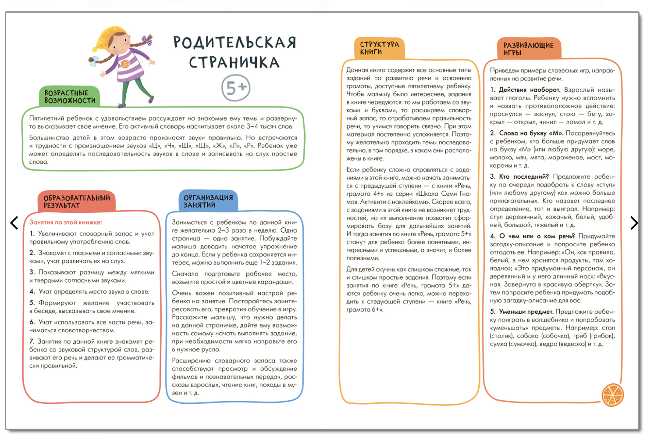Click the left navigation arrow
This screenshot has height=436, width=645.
14,223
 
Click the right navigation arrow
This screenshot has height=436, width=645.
634,223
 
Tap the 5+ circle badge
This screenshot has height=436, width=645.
236,88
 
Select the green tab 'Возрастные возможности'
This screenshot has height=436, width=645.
70,97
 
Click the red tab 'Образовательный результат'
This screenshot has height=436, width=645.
77,202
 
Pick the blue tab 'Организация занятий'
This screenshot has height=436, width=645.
208,201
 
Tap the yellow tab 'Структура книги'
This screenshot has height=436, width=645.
379,48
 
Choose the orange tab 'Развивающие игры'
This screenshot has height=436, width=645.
528,49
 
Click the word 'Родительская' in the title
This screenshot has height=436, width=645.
235,42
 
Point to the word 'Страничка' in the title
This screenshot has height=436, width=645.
234,63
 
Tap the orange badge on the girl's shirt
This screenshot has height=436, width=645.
125,64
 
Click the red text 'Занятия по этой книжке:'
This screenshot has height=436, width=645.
66,222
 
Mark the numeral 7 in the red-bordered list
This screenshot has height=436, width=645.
31,341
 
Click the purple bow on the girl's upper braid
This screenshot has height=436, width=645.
147,40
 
